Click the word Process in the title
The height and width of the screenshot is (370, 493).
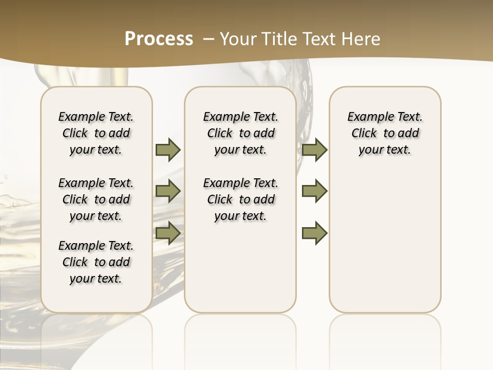(159, 39)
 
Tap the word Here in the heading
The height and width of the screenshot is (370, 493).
(361, 39)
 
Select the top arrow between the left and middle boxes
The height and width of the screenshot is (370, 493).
(168, 150)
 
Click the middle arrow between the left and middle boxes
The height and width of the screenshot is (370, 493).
(168, 191)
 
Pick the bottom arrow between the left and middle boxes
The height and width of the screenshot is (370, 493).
(168, 233)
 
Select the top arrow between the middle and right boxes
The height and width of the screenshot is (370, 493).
(314, 150)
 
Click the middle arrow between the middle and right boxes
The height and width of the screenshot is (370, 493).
(314, 191)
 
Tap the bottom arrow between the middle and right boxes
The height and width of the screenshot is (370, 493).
(314, 233)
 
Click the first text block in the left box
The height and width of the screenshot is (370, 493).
(96, 133)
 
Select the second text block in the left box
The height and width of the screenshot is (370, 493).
(96, 199)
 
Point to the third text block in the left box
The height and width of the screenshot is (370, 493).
(96, 262)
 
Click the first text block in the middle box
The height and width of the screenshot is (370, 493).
(241, 133)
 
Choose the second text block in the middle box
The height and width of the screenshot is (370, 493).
(241, 199)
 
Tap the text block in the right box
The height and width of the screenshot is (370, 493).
(385, 133)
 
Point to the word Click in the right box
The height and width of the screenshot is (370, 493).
(364, 134)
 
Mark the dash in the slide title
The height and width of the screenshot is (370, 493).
(208, 39)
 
